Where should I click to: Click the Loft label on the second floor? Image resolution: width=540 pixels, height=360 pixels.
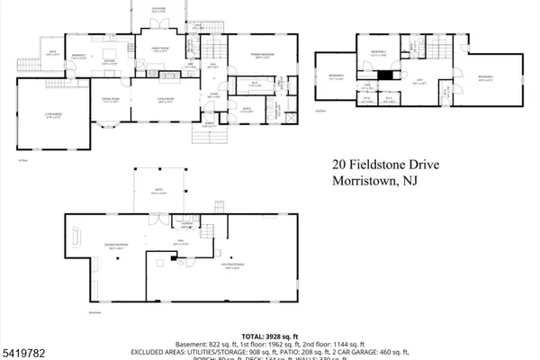pos(393,82)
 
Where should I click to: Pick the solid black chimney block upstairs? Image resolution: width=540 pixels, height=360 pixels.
pos(383,75)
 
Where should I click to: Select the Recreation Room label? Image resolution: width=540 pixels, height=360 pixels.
pos(92,248)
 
